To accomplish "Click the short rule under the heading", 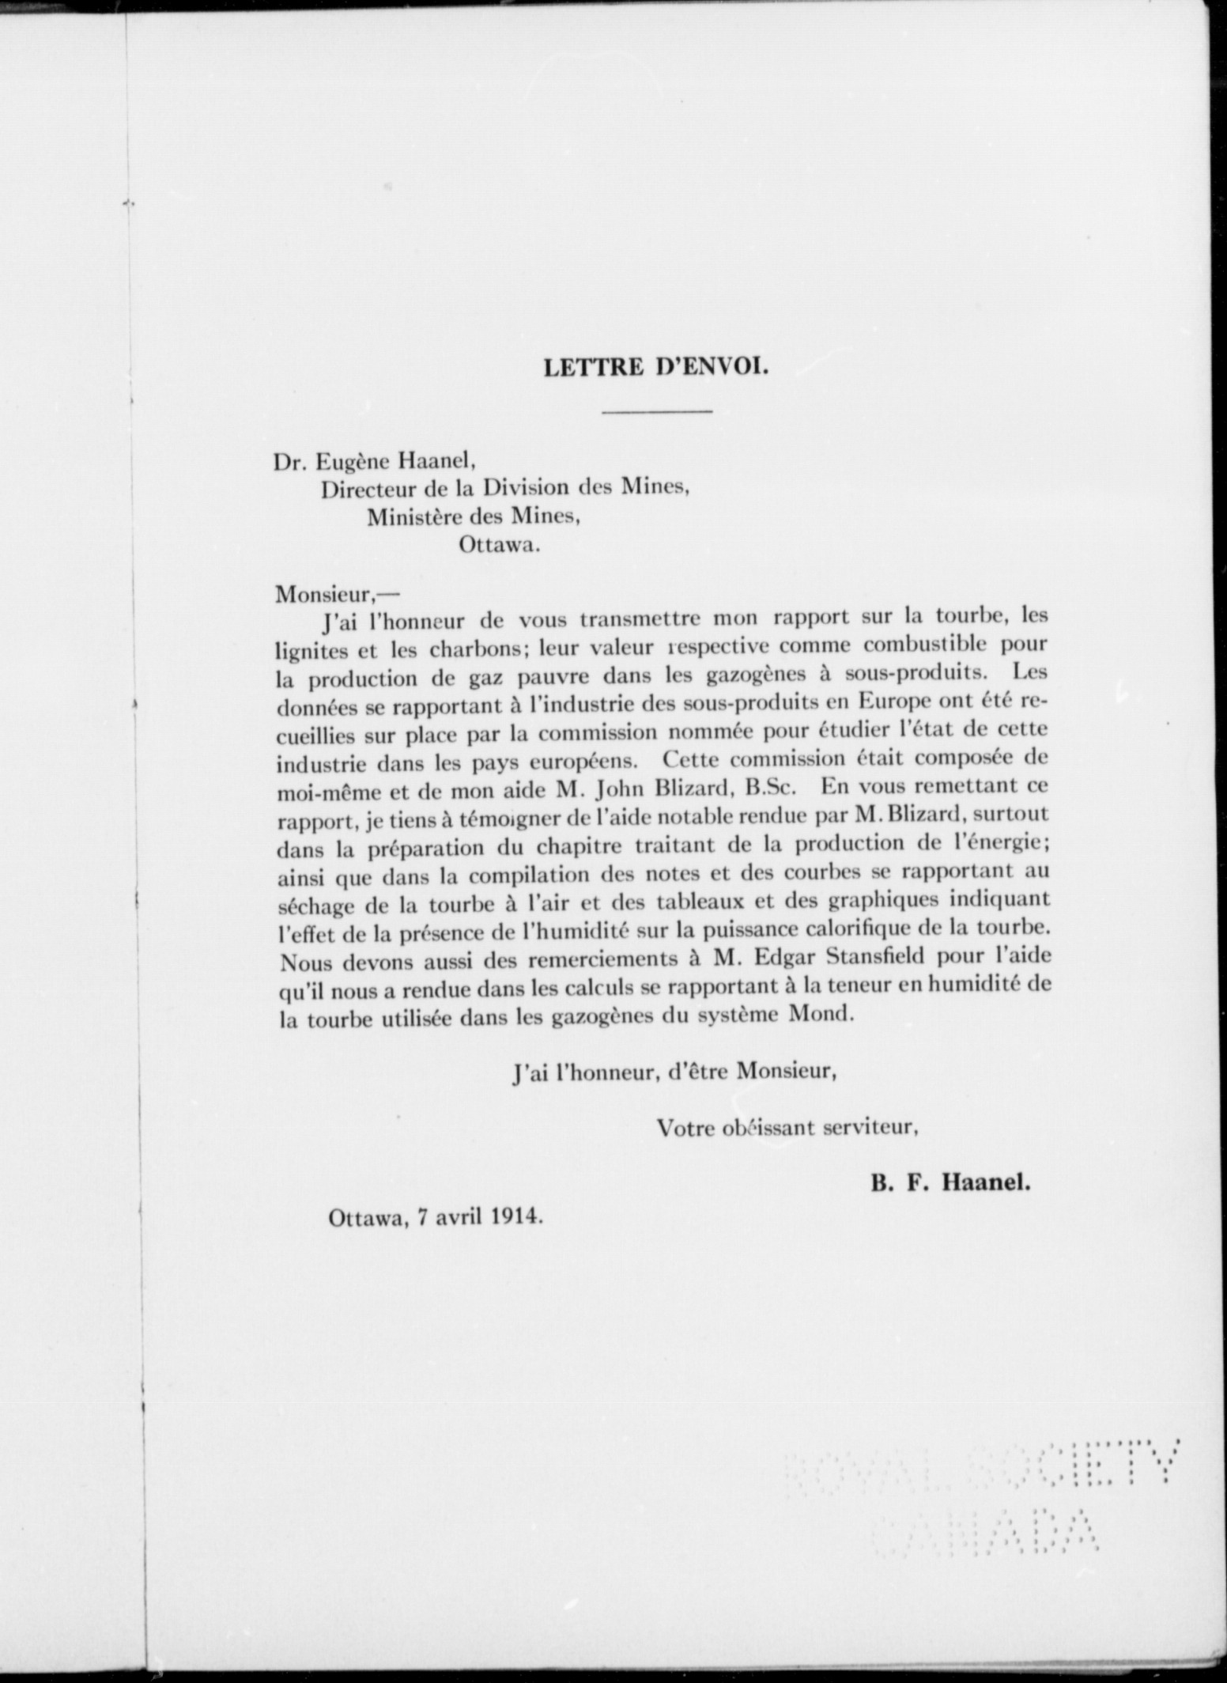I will tap(656, 411).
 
